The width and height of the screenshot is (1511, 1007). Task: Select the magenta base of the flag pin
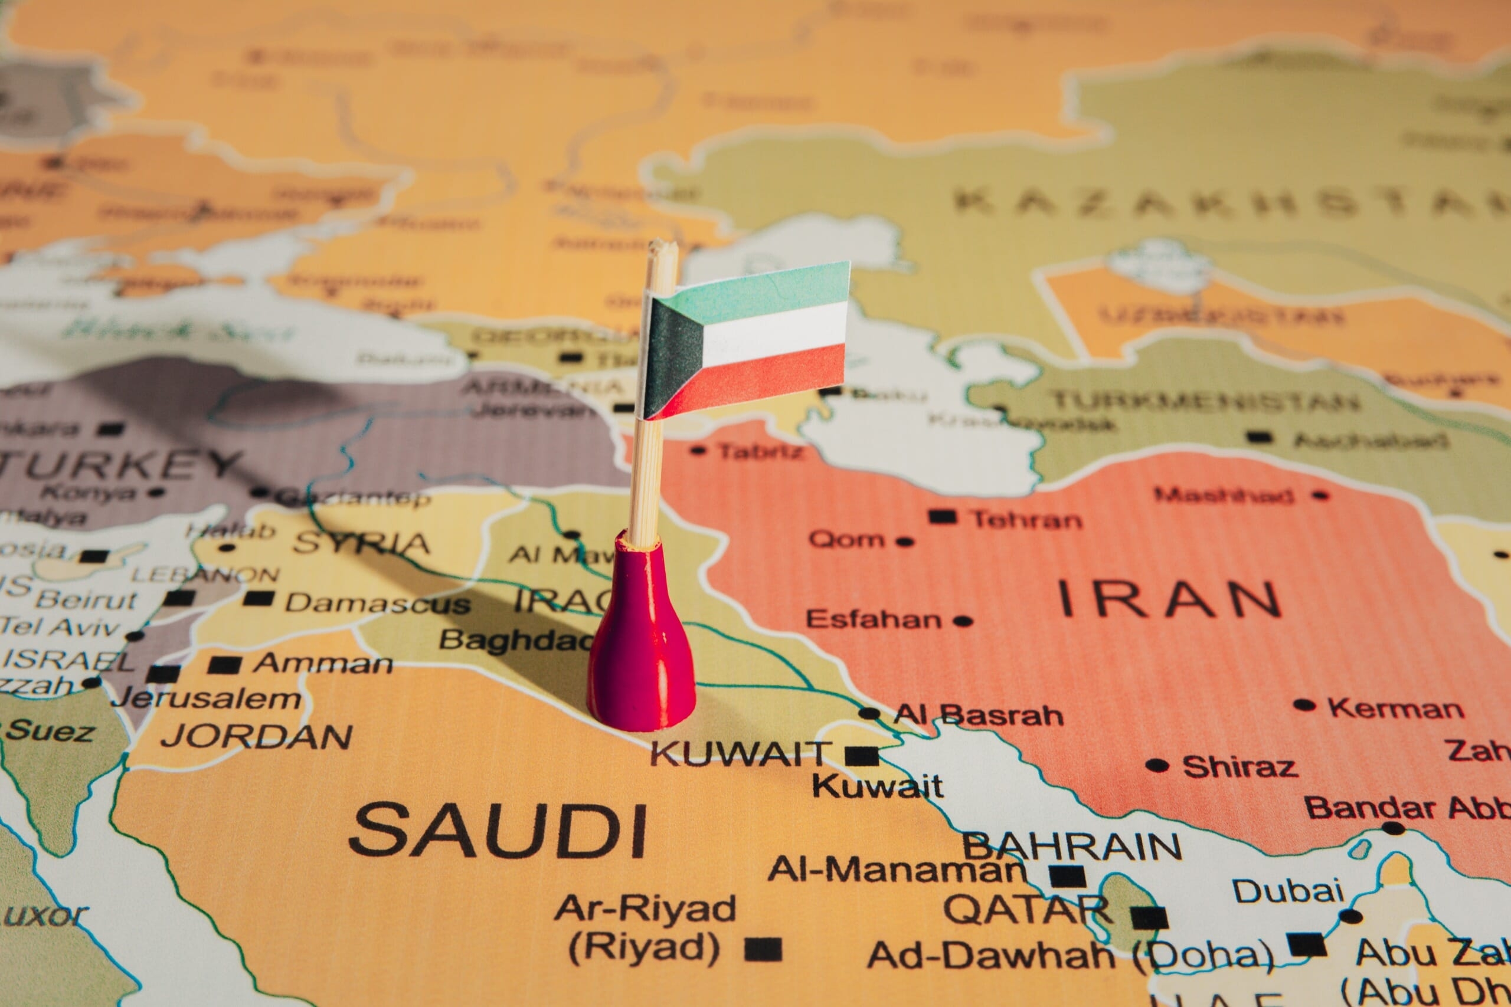coord(641,649)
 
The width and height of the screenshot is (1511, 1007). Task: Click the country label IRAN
coord(1169,599)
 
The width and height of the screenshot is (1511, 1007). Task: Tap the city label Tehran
coord(1026,519)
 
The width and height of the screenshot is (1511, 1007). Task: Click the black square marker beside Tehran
coord(943,517)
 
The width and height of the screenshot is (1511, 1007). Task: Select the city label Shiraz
coord(1239,767)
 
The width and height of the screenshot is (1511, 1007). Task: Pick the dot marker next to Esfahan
coord(962,621)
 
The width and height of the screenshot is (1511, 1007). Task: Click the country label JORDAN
coord(257,736)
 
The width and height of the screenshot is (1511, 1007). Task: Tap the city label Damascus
coord(378,603)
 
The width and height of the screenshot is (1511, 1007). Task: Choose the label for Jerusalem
coord(205,698)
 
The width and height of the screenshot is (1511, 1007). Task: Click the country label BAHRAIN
coord(1072,847)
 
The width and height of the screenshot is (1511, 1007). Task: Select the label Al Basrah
coord(979,714)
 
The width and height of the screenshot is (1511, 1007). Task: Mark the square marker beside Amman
coord(224,665)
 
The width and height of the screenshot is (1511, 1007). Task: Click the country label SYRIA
coord(361,543)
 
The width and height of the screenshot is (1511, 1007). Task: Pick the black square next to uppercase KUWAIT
coord(862,756)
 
